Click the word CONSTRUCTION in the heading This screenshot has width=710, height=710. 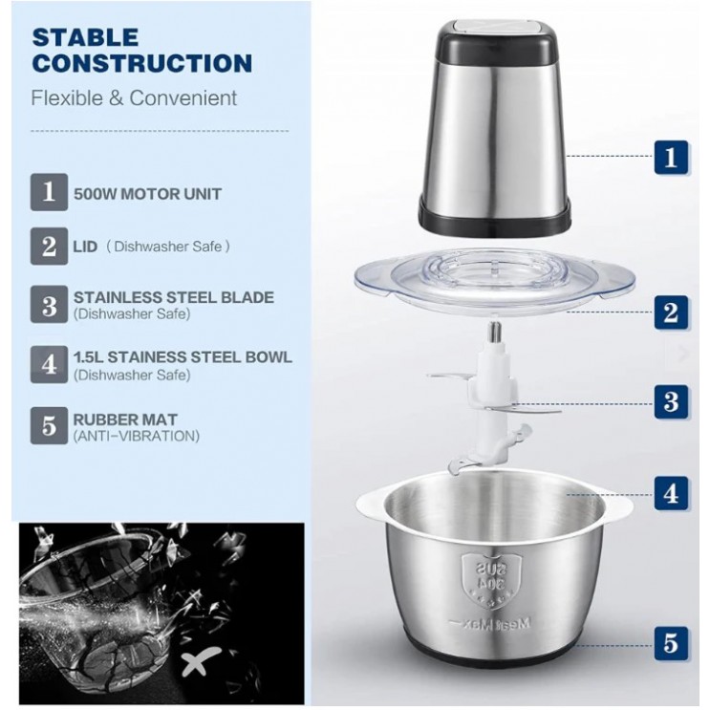pyautogui.click(x=142, y=65)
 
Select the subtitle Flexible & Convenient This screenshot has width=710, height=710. pyautogui.click(x=135, y=98)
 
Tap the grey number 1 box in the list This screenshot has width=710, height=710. pyautogui.click(x=49, y=192)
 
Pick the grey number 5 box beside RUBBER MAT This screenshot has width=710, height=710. pyautogui.click(x=49, y=426)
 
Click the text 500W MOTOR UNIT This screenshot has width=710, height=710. pyautogui.click(x=147, y=194)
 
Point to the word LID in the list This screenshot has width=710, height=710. pyautogui.click(x=84, y=246)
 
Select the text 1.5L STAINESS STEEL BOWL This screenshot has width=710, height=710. pyautogui.click(x=183, y=357)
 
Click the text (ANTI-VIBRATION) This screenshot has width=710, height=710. pyautogui.click(x=136, y=436)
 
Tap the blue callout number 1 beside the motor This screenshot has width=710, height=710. pyautogui.click(x=672, y=156)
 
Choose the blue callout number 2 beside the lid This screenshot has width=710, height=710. pyautogui.click(x=672, y=311)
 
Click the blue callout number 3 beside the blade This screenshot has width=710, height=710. pyautogui.click(x=672, y=401)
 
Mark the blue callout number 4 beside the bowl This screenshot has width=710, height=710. pyautogui.click(x=672, y=494)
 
